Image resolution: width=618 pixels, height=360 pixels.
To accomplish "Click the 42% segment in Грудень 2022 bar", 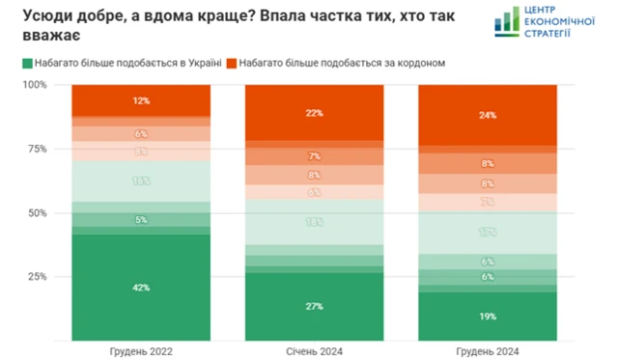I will [x=140, y=287].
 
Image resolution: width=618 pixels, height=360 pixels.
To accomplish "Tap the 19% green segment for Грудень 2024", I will [x=487, y=315].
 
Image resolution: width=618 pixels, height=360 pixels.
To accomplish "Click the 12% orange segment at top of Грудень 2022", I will [x=140, y=100].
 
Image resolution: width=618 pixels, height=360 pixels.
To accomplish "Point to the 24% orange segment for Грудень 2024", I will [x=487, y=116].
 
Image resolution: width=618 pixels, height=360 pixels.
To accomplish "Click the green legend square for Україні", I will [x=27, y=64].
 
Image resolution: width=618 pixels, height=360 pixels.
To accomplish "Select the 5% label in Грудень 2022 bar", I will [x=141, y=220].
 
